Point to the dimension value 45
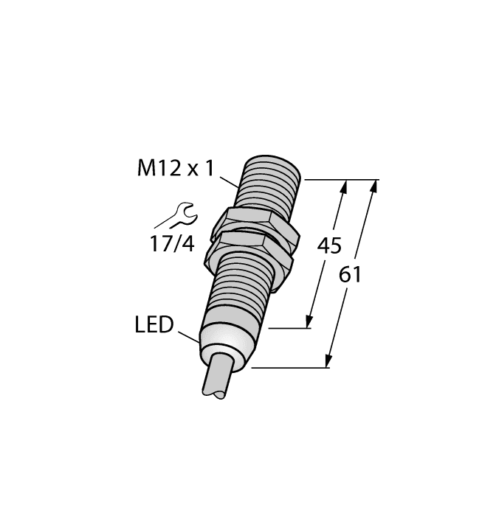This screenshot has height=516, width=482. point(329,246)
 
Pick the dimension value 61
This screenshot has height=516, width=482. point(351,275)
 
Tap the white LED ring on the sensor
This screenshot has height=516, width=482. point(224,342)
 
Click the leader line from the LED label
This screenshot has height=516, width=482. point(188,335)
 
